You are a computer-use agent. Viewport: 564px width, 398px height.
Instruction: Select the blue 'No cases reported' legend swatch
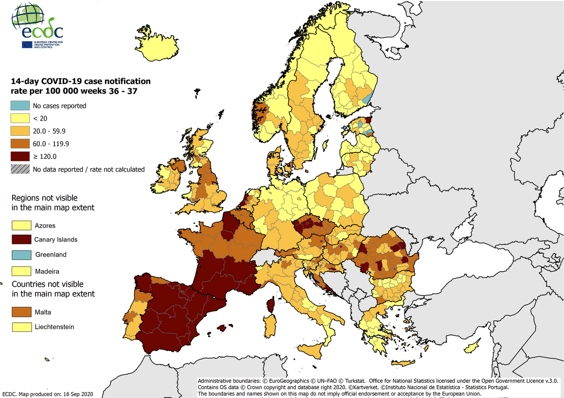pos(20,105)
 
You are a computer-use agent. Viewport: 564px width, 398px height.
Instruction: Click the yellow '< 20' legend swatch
pos(20,118)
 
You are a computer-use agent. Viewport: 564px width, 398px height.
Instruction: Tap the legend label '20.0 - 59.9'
pos(49,131)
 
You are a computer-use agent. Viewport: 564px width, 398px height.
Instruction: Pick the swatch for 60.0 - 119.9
pos(20,144)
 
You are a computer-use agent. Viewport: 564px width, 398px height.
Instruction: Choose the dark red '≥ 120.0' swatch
pos(20,156)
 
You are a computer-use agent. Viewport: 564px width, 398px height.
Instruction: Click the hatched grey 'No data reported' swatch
pos(20,169)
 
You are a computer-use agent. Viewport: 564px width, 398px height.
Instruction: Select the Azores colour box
pos(21,225)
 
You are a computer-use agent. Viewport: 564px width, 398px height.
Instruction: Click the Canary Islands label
pos(55,240)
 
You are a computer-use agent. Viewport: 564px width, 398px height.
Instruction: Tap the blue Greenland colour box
pos(21,255)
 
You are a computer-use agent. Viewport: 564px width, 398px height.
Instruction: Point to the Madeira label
pos(47,271)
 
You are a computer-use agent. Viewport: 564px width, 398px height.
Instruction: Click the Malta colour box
pos(21,312)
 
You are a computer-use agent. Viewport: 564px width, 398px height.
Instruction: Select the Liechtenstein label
pos(54,327)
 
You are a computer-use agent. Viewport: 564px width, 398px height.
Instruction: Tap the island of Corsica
pos(271,305)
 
